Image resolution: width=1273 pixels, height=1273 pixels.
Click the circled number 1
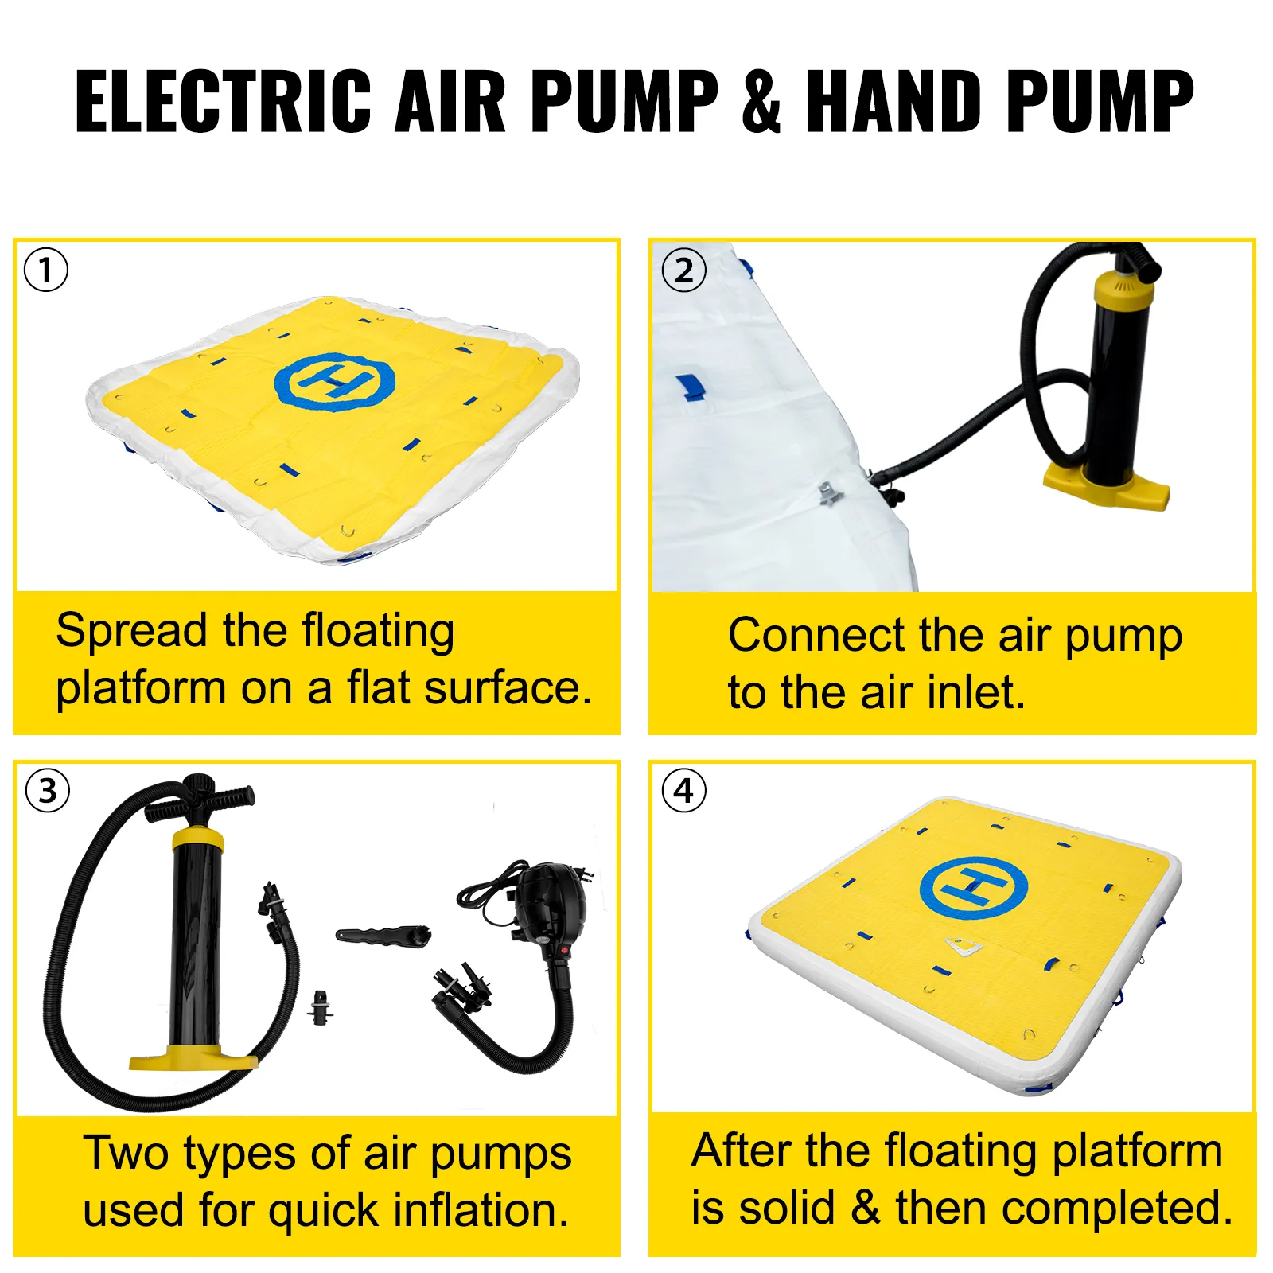tap(46, 270)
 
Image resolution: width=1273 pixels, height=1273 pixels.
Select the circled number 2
tap(683, 271)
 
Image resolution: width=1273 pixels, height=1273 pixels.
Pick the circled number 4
tap(683, 791)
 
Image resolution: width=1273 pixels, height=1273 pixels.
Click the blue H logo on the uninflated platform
tap(334, 382)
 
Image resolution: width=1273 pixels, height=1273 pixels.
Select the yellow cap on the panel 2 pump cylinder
tap(1123, 290)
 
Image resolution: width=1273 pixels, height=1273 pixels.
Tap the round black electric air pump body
tap(551, 902)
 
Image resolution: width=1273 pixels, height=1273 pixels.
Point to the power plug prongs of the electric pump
tap(587, 874)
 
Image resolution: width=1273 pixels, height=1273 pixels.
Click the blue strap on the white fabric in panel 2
tap(691, 387)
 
